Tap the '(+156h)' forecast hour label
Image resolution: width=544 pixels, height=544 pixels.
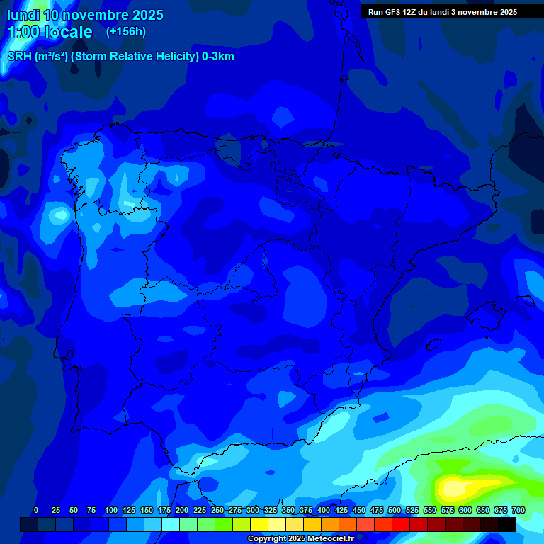click(x=126, y=32)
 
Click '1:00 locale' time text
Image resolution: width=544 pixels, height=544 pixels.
click(x=50, y=33)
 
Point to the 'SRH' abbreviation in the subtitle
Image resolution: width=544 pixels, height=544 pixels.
click(x=20, y=57)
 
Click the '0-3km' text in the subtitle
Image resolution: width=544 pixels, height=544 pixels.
click(x=218, y=57)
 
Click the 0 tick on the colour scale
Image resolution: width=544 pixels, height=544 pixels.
click(x=36, y=510)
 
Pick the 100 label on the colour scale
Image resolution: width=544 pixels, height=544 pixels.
click(x=110, y=510)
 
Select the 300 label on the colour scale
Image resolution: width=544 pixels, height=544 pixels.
click(x=252, y=510)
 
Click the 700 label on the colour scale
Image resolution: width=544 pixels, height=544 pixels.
click(x=518, y=510)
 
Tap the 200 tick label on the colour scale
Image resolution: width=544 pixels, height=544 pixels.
click(x=181, y=510)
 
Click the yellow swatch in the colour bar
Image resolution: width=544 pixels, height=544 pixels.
click(x=259, y=524)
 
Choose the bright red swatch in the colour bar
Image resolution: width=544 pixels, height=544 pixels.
click(x=401, y=524)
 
